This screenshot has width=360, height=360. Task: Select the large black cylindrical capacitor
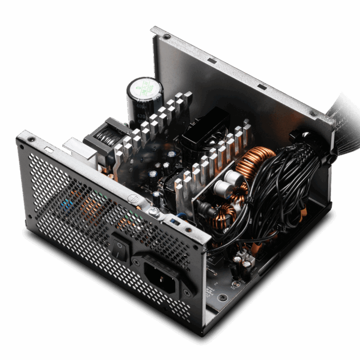(145, 100)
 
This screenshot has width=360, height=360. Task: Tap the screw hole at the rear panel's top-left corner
(167, 37)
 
